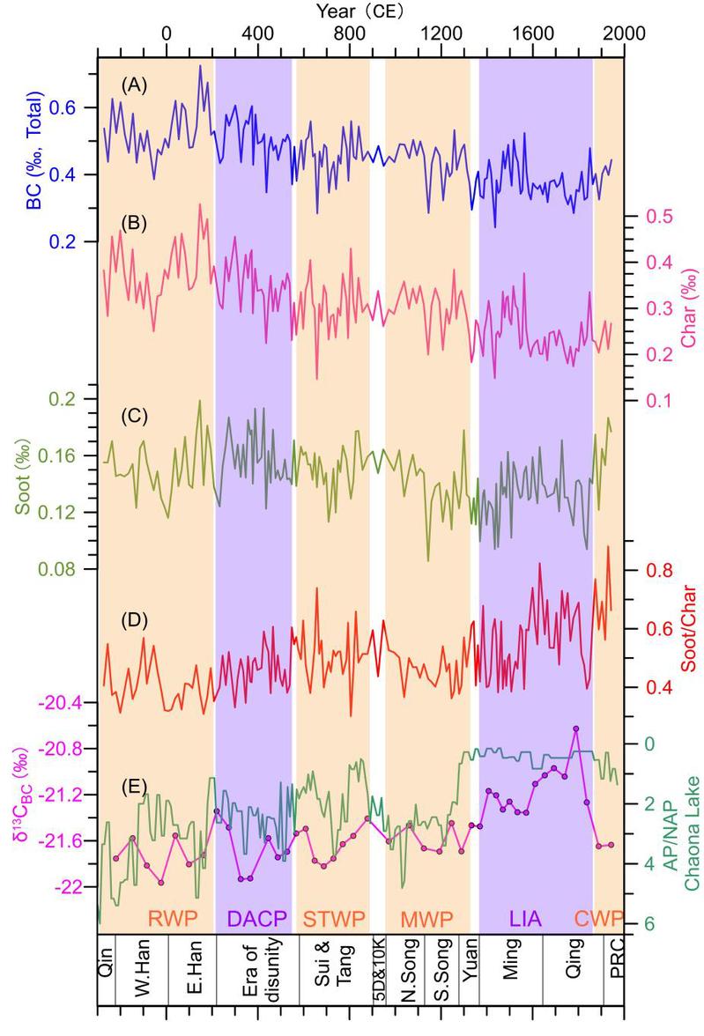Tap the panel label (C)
134,415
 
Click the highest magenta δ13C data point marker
576,729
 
